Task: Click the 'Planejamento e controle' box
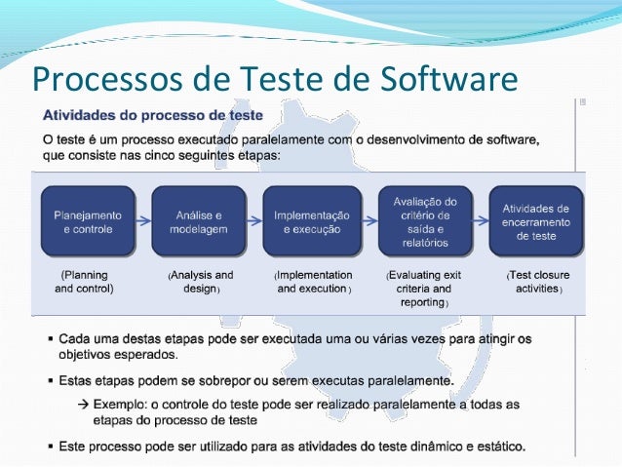pos(87,221)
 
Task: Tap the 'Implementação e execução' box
pos(311,221)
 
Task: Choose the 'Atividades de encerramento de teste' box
pos(535,221)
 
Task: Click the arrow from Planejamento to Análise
pos(143,221)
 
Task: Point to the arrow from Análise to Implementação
pos(255,221)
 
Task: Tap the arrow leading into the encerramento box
pos(479,221)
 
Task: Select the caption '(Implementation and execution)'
pos(313,282)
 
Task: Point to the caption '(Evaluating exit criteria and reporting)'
pos(423,289)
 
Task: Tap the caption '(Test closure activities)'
pos(537,282)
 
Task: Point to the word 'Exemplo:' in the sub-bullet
pos(119,403)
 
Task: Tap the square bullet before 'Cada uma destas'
pos(50,338)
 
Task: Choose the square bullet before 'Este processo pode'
pos(50,447)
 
